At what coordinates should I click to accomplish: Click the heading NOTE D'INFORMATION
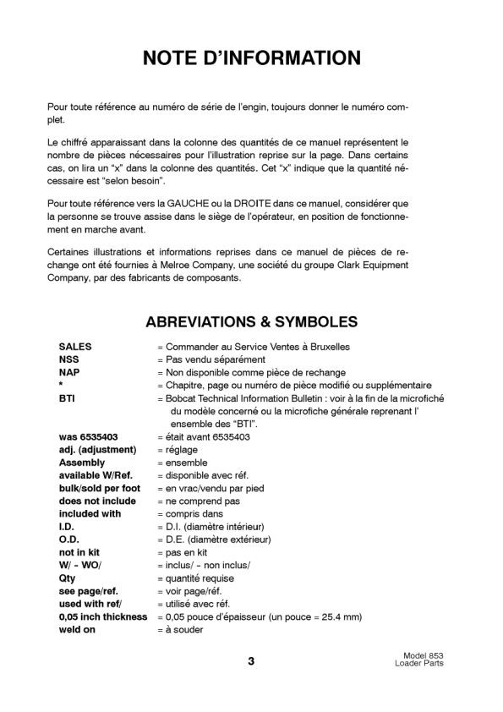tap(251, 58)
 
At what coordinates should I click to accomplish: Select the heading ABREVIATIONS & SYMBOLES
tap(251, 322)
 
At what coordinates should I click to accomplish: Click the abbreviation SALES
tap(75, 347)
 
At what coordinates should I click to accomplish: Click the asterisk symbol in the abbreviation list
tap(61, 386)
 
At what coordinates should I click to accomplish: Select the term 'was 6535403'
tap(88, 437)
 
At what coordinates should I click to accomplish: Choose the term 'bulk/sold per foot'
tap(99, 488)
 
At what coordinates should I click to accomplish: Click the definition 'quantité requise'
tap(200, 578)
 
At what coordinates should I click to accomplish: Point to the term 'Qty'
tap(67, 578)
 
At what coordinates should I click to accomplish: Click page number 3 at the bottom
tap(251, 661)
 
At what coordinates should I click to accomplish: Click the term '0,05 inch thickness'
tap(102, 617)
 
